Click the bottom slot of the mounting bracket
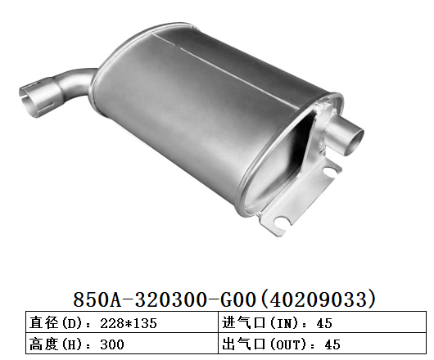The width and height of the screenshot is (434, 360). [x=283, y=222]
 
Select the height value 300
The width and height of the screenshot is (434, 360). [x=111, y=344]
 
